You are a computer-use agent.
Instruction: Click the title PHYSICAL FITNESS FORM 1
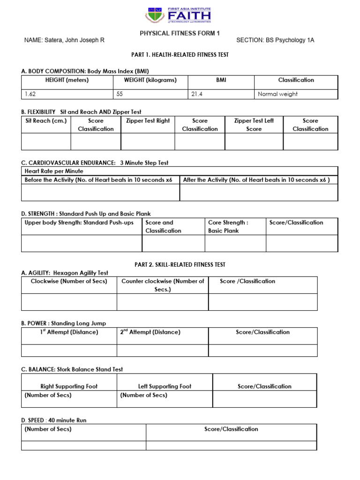tap(180, 33)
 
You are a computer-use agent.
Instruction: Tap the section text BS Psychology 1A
tap(290, 40)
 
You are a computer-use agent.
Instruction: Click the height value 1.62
tap(30, 94)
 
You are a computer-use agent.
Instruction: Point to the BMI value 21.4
tap(196, 94)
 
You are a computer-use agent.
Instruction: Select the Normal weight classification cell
tap(277, 94)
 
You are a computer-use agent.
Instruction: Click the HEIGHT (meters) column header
tap(67, 80)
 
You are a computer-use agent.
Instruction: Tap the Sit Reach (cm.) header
tap(46, 121)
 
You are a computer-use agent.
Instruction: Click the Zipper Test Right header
tap(148, 121)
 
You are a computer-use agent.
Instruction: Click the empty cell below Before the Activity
tap(100, 192)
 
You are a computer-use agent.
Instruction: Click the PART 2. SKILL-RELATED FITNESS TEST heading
tap(180, 265)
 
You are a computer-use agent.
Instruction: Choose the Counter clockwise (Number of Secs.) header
tap(163, 285)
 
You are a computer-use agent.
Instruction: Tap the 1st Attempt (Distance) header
tap(69, 332)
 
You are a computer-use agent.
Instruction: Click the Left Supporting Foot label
tap(165, 386)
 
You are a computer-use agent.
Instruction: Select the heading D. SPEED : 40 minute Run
tap(54, 420)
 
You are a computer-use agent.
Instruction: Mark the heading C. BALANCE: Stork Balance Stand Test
tap(72, 369)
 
